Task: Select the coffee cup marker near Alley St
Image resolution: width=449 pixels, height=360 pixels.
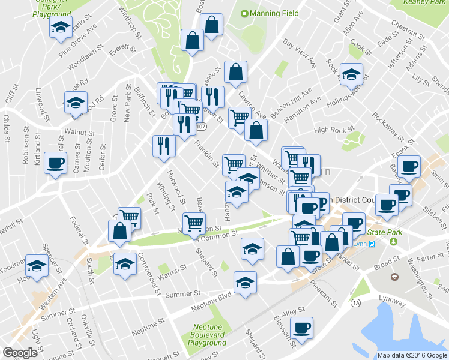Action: [301, 329]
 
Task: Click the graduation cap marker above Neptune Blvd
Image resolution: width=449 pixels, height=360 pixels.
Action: [246, 283]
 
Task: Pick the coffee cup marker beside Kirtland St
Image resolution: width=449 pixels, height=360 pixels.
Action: [56, 163]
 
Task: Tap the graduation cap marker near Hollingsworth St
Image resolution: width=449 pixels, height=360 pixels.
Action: [351, 74]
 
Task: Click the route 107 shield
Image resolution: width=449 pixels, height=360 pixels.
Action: [202, 127]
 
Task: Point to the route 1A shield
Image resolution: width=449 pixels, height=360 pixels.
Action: [356, 302]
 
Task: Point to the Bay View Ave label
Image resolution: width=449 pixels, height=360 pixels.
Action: [300, 53]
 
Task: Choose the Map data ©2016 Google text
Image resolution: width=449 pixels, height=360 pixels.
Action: [412, 355]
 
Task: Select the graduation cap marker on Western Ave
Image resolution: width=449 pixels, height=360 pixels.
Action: [37, 265]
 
